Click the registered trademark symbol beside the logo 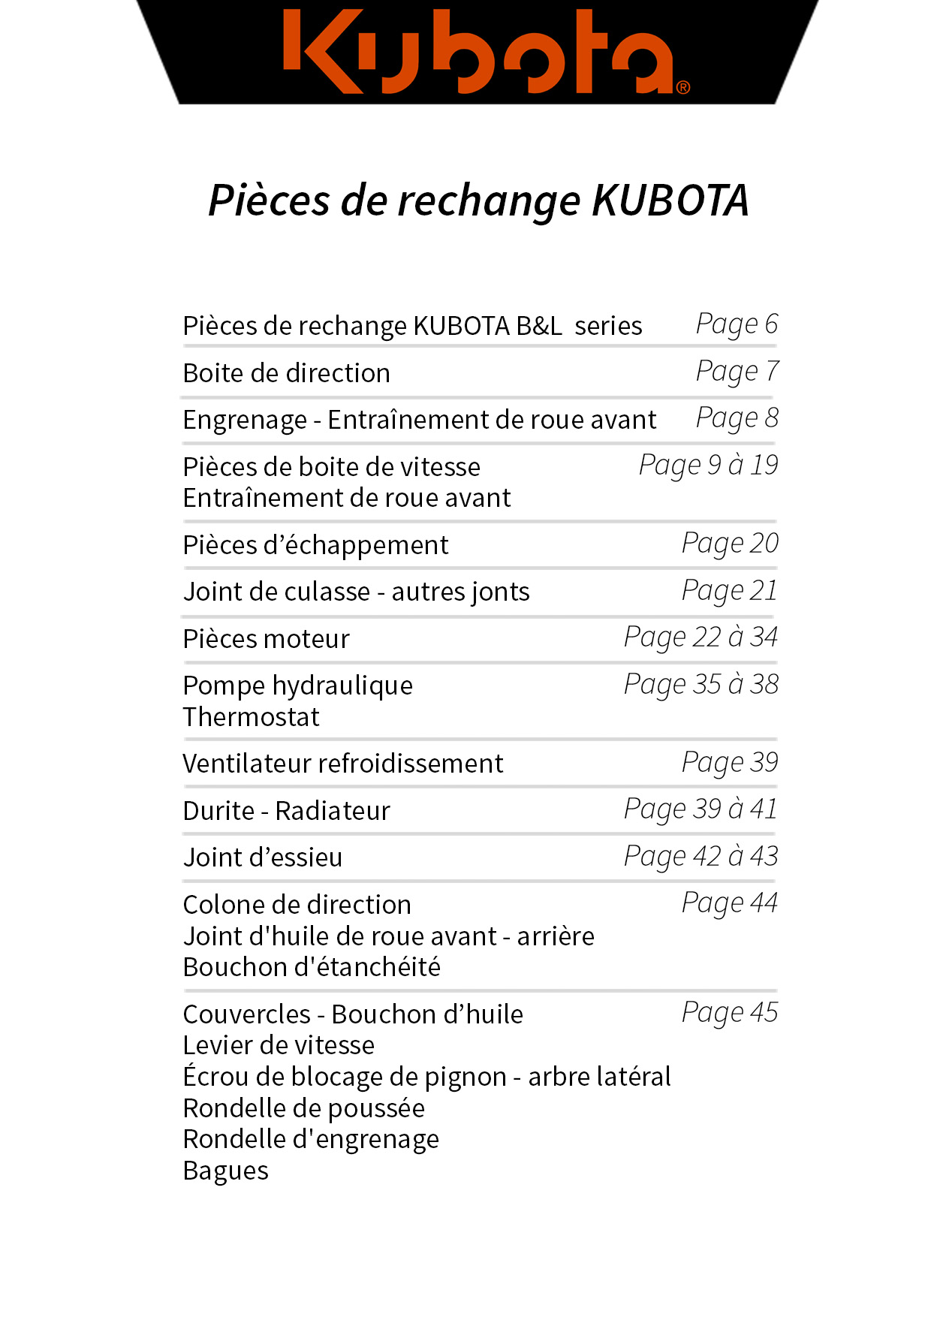(682, 87)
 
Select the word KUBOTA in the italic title (670, 200)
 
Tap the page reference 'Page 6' (737, 324)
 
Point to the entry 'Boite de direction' (286, 373)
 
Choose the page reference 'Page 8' (737, 418)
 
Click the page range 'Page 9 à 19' (708, 466)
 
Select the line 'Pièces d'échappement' (315, 545)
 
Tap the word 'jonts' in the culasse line (498, 592)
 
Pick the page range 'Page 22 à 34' (701, 637)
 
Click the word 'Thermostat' (251, 717)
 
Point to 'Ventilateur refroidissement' (342, 764)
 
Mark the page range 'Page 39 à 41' (701, 809)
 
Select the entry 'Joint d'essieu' (262, 857)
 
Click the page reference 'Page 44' (729, 903)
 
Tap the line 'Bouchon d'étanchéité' (312, 967)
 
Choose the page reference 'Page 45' (729, 1013)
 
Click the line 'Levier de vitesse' (279, 1045)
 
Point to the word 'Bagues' (225, 1171)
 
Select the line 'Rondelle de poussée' (303, 1108)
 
